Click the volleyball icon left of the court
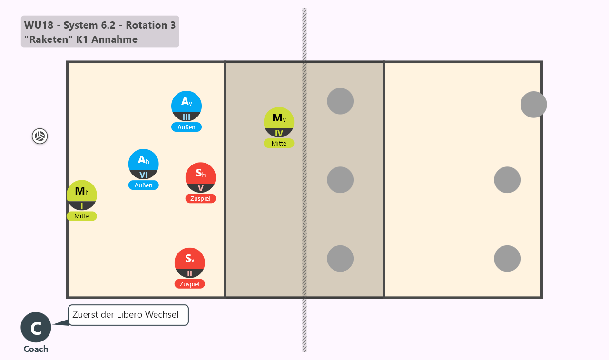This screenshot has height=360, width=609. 39,136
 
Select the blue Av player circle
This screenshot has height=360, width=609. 187,106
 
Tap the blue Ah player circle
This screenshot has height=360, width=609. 144,164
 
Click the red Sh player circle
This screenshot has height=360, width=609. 201,177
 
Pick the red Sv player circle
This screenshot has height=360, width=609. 190,263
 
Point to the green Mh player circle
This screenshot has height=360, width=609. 82,195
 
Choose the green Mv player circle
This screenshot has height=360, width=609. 279,122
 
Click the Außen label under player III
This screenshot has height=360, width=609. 187,127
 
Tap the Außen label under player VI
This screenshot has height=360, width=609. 144,185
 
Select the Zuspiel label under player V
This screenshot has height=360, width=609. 201,199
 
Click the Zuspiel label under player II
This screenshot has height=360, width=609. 190,284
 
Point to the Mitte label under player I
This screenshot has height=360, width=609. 82,216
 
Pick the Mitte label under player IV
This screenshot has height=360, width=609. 279,144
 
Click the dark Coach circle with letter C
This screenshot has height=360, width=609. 36,327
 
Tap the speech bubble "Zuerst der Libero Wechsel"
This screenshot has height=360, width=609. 128,315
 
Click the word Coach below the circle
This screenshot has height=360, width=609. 36,349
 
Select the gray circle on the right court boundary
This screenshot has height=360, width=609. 534,105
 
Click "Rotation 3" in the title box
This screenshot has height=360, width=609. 151,25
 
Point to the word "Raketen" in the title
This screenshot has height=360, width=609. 49,39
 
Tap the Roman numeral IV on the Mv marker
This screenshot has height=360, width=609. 279,134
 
